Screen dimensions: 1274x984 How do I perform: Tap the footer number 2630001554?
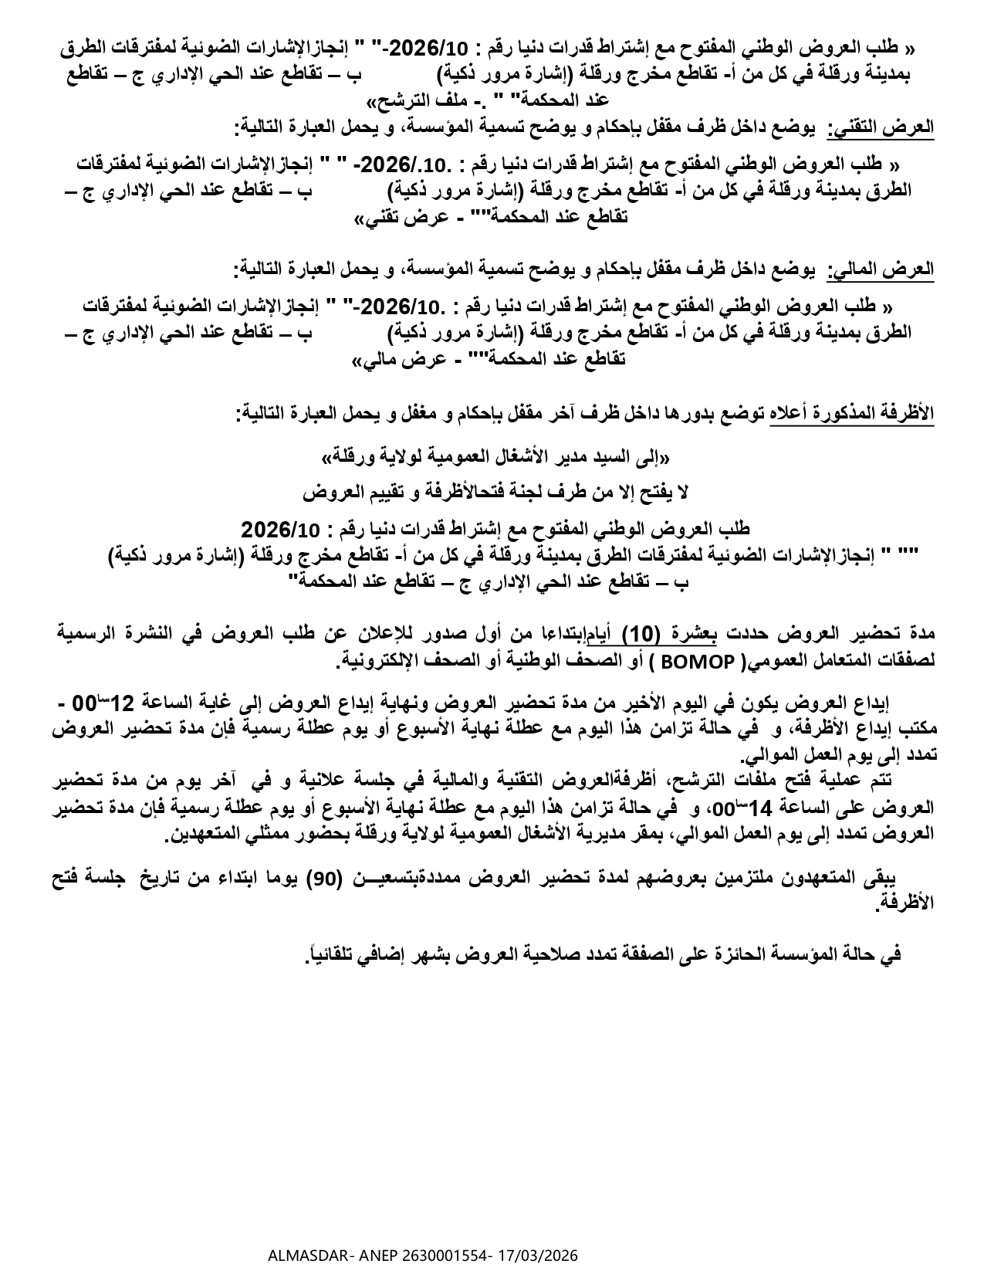[x=448, y=1255]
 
